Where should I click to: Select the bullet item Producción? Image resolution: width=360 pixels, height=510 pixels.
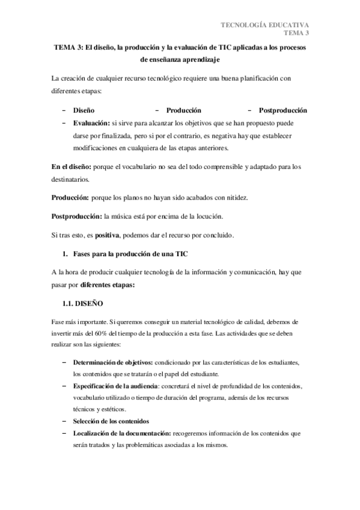183,111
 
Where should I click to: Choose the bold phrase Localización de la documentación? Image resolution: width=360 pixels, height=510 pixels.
123,432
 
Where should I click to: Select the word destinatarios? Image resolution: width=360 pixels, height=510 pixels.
70,179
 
